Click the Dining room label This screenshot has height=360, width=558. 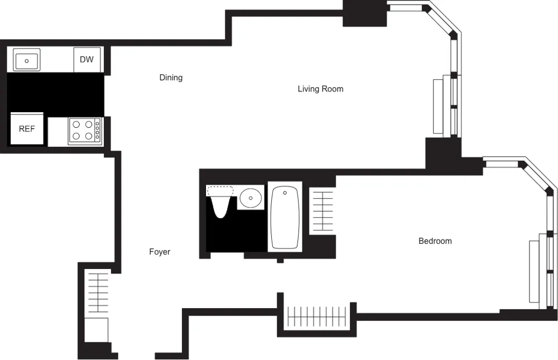click(171, 78)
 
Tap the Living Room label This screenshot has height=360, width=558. click(320, 89)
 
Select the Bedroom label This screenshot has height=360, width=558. click(435, 241)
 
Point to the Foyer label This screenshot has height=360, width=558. click(160, 252)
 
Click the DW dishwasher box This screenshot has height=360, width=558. click(86, 60)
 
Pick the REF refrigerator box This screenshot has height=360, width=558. click(27, 129)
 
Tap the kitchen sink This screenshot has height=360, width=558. click(26, 60)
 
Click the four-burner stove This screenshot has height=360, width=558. click(85, 131)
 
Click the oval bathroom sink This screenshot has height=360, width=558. click(251, 197)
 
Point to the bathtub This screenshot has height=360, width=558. click(285, 218)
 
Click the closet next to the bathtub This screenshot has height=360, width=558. click(322, 210)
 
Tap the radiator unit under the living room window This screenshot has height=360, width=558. click(438, 107)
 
